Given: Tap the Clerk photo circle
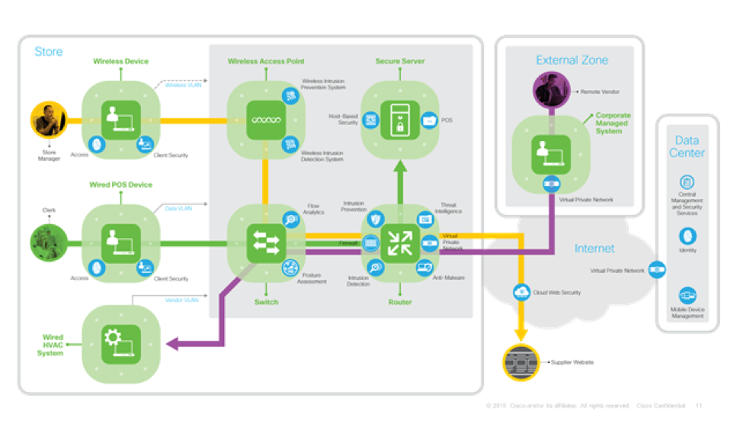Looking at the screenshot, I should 48,243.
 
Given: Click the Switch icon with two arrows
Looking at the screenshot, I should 265,243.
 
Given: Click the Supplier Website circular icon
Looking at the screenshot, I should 521,362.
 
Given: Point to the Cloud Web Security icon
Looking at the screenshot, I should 522,291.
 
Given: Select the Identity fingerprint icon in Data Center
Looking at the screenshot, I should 687,236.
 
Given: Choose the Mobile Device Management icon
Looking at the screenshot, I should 687,294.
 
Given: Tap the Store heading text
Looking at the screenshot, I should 49,52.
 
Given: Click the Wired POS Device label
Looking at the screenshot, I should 121,185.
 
